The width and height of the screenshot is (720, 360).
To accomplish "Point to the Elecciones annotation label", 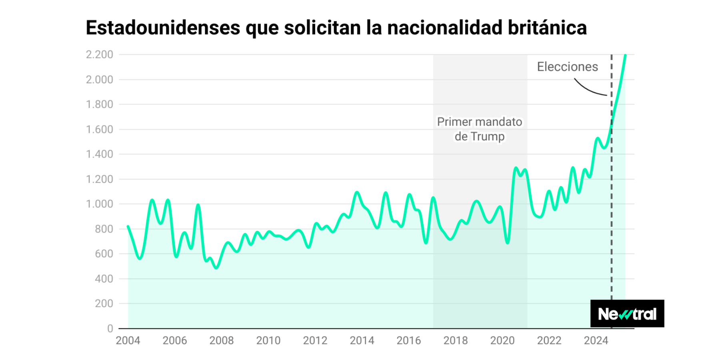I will coord(567,67).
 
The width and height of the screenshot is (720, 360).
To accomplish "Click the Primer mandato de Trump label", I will coord(479,129).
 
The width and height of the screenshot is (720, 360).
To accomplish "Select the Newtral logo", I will coord(627,314).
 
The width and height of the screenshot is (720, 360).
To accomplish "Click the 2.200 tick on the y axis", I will coord(100,54).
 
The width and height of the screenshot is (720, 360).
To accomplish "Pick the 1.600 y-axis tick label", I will coord(100,129).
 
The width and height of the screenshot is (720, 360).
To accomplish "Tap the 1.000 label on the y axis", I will coord(100,204).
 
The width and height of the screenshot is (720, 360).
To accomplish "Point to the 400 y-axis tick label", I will coord(104,279).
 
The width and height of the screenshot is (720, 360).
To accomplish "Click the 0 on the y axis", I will coord(110,328).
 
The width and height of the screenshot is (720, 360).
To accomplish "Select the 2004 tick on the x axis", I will coord(128,340).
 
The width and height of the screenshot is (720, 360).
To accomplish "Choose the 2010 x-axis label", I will coord(268,340).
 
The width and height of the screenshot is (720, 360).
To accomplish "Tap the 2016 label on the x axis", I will coord(408,340).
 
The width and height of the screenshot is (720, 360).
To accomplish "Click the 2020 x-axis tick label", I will coord(502,340).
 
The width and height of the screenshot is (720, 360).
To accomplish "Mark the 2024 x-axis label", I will coord(596,340).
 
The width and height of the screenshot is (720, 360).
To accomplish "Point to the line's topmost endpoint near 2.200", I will coord(625,55).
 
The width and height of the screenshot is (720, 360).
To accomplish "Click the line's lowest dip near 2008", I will coord(216,268).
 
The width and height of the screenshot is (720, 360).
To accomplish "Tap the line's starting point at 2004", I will coord(128,226).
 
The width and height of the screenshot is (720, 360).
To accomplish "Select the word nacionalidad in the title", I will coord(444,28).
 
